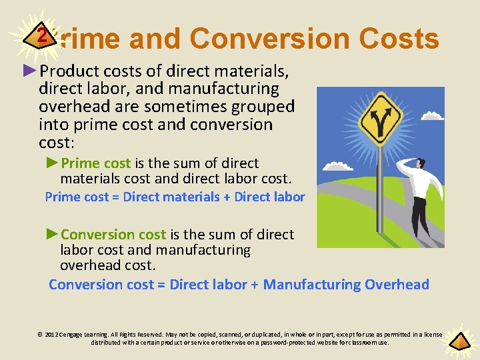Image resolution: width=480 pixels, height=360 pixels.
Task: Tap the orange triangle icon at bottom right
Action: click(459, 341)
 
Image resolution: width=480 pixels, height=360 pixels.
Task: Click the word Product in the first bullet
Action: click(68, 71)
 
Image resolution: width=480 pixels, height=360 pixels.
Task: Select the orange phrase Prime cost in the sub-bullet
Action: click(96, 163)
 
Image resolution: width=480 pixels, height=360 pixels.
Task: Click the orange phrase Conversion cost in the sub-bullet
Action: click(113, 234)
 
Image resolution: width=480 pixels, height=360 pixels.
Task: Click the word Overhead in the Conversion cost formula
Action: click(397, 285)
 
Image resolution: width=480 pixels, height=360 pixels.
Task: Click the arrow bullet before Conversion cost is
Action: click(53, 234)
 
